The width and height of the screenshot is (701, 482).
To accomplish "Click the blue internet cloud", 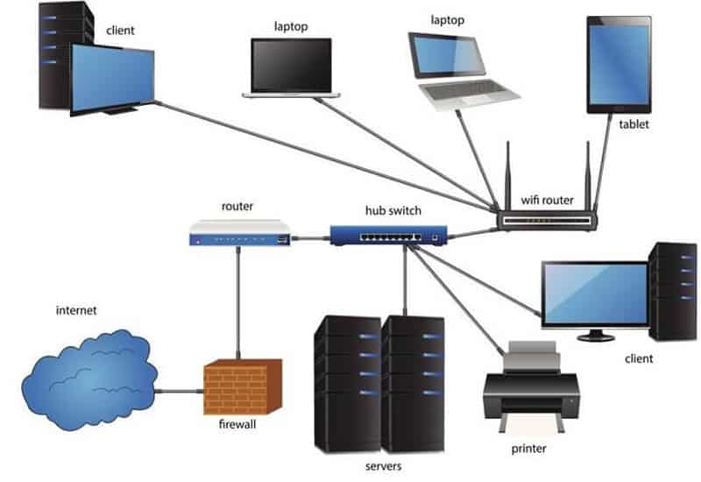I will [x=88, y=376].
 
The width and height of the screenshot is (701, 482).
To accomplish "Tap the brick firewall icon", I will [x=243, y=386].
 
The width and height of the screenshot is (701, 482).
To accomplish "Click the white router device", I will [x=239, y=233].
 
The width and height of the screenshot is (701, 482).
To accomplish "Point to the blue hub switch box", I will [x=388, y=234].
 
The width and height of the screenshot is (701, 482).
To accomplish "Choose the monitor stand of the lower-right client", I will [x=595, y=333].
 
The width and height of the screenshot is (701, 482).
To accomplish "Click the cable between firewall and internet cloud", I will [x=181, y=391].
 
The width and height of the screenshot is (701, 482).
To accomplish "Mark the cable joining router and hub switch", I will [x=309, y=237].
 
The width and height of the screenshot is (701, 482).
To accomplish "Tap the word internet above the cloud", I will [x=77, y=310].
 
